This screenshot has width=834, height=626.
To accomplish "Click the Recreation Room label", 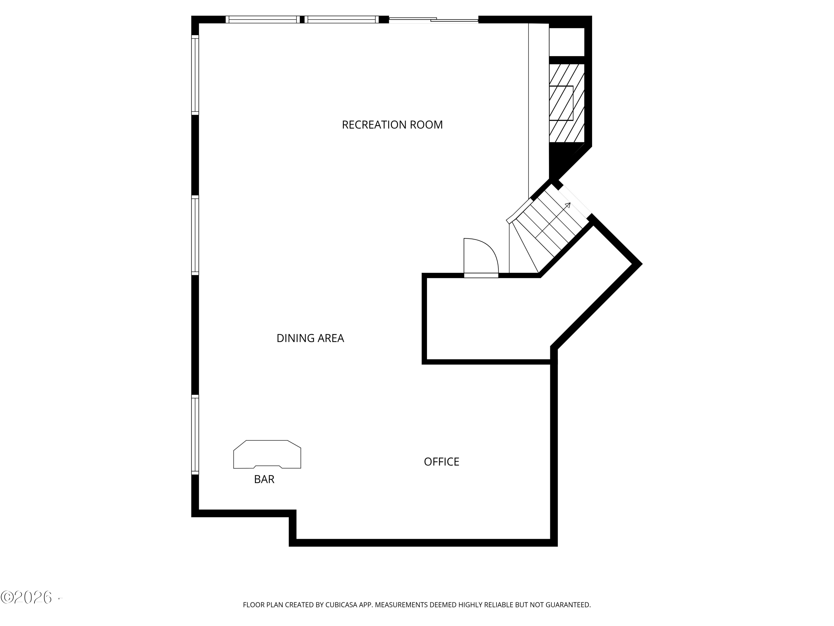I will click(392, 125).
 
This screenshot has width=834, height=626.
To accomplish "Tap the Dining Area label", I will click(310, 338).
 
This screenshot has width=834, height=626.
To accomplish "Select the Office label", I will click(441, 462).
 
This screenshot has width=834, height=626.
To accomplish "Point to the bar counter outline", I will click(267, 454).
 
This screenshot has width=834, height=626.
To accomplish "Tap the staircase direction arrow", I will click(567, 206).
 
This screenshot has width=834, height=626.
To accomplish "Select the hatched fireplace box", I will click(566, 103).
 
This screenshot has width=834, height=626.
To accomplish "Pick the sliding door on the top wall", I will click(434, 20).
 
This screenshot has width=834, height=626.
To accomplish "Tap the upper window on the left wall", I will click(195, 75).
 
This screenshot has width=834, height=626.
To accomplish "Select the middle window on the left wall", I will click(195, 235).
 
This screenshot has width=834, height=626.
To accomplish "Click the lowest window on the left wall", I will click(195, 434).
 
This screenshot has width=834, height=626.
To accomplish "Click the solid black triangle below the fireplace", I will click(560, 157).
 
